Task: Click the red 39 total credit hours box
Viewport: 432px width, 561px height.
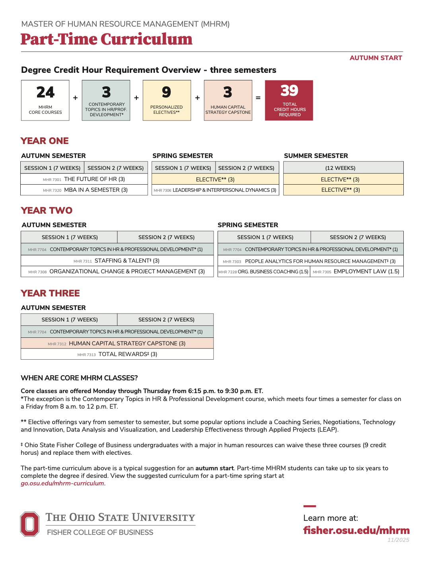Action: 289,100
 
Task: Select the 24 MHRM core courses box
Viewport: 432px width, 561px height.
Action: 45,100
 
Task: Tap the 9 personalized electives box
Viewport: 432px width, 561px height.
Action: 167,100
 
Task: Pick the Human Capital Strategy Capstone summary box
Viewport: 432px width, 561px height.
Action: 228,100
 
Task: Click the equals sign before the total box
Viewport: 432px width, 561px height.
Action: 258,98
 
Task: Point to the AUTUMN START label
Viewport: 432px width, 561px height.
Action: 376,58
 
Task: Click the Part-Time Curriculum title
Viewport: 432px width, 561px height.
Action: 107,39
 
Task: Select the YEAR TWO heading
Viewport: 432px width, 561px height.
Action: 47,210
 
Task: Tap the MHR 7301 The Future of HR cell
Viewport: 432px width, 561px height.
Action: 84,179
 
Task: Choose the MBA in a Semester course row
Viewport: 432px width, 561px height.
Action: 84,190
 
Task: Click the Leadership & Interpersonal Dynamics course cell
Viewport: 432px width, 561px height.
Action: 215,190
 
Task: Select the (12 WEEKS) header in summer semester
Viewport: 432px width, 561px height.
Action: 343,168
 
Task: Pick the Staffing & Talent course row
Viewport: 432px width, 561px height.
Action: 117,261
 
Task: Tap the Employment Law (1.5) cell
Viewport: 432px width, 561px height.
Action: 356,272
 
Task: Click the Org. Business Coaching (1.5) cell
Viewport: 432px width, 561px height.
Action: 264,272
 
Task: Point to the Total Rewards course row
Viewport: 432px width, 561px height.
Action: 117,355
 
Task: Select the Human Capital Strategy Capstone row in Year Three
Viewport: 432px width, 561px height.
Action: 117,343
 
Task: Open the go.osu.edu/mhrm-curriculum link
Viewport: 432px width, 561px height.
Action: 62,483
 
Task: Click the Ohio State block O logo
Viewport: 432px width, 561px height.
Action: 30,524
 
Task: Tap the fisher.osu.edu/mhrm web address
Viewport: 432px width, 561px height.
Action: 356,530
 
